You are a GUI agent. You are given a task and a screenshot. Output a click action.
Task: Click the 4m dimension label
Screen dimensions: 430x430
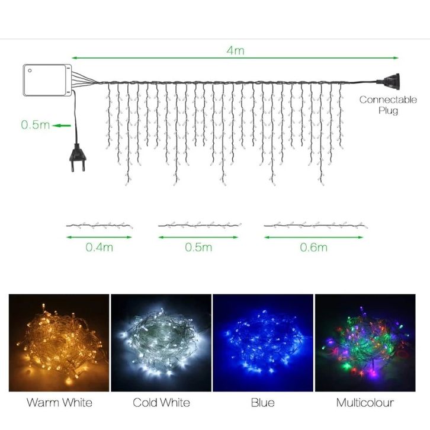(x=235, y=50)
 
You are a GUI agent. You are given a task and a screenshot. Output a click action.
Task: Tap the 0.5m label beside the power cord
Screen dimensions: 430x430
(x=36, y=125)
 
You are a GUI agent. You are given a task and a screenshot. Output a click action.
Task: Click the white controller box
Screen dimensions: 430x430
(x=47, y=80)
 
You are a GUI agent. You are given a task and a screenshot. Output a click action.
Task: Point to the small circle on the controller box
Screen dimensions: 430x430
(x=30, y=70)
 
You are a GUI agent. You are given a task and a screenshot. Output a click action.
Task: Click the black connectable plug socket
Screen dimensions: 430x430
(x=389, y=81)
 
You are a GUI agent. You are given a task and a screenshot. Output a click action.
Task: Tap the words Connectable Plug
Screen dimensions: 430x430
(x=388, y=105)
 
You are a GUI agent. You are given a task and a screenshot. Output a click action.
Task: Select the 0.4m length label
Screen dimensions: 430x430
(x=100, y=248)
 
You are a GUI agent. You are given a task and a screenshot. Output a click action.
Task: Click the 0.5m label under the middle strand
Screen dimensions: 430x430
(x=198, y=248)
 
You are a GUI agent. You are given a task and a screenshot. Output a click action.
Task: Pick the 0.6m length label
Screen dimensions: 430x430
(x=314, y=248)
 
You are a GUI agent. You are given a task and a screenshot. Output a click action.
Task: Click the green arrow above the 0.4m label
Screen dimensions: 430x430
(x=99, y=238)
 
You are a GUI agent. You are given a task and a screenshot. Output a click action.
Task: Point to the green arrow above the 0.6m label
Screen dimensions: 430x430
(x=314, y=238)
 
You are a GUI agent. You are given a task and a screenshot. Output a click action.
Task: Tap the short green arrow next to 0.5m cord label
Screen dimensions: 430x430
(x=62, y=126)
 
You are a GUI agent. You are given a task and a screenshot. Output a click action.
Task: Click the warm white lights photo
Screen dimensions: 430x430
(x=59, y=343)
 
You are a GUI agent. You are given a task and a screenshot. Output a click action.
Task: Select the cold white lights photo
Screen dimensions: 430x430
(x=161, y=343)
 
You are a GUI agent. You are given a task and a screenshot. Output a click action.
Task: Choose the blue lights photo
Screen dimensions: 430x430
(x=263, y=343)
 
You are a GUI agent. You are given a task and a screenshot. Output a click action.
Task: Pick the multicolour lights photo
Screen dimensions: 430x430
(x=365, y=343)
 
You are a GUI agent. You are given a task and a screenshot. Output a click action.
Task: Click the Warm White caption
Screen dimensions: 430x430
(x=59, y=403)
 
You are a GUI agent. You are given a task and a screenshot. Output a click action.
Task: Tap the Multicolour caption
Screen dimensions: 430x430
(x=365, y=403)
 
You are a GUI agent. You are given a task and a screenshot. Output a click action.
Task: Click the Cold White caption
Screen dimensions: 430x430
(x=161, y=403)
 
